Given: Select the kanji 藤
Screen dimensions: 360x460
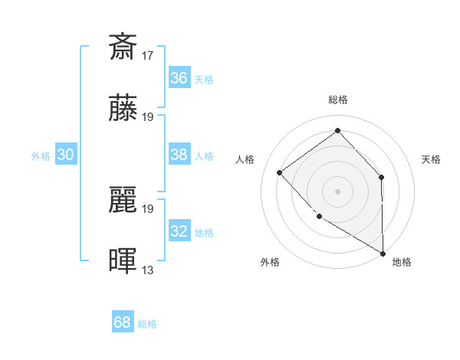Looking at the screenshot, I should [x=123, y=109].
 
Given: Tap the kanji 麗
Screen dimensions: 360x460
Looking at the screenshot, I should [x=123, y=200].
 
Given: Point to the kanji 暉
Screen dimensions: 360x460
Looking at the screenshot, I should [x=123, y=261].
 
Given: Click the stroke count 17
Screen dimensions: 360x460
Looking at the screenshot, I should [x=148, y=55].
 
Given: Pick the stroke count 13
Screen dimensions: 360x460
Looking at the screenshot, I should [x=148, y=270].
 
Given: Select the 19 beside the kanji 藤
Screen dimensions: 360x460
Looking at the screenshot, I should [x=148, y=117].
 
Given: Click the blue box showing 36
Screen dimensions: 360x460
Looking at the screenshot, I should [x=179, y=78].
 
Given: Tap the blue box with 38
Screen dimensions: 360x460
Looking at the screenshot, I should [x=179, y=155].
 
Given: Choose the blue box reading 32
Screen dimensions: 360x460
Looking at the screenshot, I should [x=179, y=231].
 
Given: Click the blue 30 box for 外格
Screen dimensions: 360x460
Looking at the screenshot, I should [x=65, y=155].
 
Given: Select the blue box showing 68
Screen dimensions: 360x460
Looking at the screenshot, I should [x=123, y=322].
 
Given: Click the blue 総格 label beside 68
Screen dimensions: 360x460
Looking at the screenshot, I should [x=147, y=324].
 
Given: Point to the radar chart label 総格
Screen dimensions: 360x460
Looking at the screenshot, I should [x=337, y=100].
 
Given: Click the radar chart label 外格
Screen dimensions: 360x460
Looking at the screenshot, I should [x=270, y=262].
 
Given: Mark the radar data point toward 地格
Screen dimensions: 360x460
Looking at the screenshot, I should [x=383, y=253].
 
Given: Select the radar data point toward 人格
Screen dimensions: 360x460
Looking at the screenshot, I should [x=280, y=172].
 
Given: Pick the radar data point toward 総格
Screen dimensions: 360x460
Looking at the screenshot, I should [x=337, y=131].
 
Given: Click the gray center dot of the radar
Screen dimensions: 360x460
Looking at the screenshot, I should [x=337, y=191].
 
